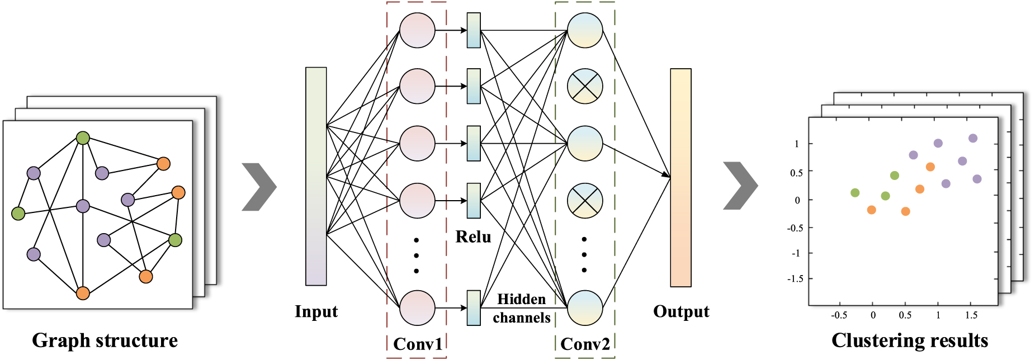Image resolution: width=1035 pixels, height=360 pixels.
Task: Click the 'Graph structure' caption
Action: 105,340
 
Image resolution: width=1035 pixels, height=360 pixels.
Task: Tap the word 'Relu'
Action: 473,237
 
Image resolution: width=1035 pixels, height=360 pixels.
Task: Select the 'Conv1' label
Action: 417,344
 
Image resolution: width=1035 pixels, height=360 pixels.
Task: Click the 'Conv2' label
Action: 585,344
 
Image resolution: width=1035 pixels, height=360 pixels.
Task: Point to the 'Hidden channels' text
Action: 521,309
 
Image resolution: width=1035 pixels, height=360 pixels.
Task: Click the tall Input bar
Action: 316,176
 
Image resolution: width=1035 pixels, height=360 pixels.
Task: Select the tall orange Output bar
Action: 680,178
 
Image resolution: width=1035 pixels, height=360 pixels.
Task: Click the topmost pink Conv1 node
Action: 417,30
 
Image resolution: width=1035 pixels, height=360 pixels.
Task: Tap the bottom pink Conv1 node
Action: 417,307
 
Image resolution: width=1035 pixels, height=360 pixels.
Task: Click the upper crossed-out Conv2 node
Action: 585,86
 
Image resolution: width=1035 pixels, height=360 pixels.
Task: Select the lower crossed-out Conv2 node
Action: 585,200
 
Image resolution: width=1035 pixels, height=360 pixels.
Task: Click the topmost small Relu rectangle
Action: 474,30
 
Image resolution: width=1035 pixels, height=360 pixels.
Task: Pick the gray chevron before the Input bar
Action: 259,187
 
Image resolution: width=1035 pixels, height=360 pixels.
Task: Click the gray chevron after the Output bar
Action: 740,186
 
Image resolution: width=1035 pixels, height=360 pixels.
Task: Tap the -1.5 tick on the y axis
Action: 796,279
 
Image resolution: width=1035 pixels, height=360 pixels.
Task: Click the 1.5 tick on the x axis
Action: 971,315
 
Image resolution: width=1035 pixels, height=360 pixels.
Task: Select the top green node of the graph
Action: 83,138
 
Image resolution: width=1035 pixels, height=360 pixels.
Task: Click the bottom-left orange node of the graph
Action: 83,293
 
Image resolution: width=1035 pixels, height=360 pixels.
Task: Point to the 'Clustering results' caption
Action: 910,340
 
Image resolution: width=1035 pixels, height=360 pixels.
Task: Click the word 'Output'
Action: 681,311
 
